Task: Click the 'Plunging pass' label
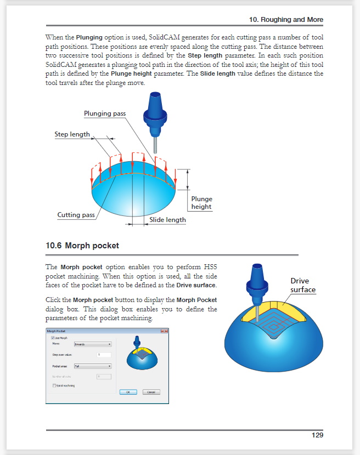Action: pyautogui.click(x=105, y=113)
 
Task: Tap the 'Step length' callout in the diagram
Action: pyautogui.click(x=72, y=134)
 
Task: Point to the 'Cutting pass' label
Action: pyautogui.click(x=76, y=215)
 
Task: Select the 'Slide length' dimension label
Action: pyautogui.click(x=167, y=220)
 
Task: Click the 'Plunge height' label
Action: pyautogui.click(x=201, y=203)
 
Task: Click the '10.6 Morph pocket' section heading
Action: pyautogui.click(x=82, y=246)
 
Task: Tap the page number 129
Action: pyautogui.click(x=317, y=435)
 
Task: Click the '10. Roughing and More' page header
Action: pyautogui.click(x=286, y=19)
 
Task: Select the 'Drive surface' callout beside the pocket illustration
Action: pyautogui.click(x=303, y=285)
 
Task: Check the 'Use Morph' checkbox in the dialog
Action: pyautogui.click(x=53, y=338)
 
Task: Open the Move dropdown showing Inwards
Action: pyautogui.click(x=93, y=344)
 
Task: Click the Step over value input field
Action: pyautogui.click(x=103, y=355)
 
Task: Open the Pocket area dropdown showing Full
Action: pyautogui.click(x=93, y=366)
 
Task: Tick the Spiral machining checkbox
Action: pyautogui.click(x=53, y=386)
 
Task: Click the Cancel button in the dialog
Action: pyautogui.click(x=151, y=392)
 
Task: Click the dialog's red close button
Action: pyautogui.click(x=164, y=331)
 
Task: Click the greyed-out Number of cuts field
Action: pyautogui.click(x=103, y=376)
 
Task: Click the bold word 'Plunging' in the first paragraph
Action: pyautogui.click(x=89, y=37)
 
